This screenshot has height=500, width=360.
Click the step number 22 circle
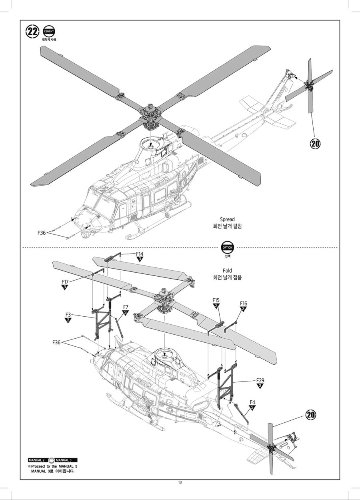[x=32, y=31]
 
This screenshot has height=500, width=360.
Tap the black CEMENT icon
[x=49, y=31]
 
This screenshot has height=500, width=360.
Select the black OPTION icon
[x=227, y=247]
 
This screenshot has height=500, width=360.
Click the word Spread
[x=227, y=219]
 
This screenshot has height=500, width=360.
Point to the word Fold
[x=227, y=271]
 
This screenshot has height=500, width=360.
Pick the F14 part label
[x=140, y=254]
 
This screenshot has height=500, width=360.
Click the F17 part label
[x=65, y=282]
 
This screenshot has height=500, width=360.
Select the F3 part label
[x=68, y=315]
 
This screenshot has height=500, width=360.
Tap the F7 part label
[x=125, y=307]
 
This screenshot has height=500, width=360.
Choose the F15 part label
[x=216, y=300]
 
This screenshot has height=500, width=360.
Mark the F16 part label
[x=243, y=303]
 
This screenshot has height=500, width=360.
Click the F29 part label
[x=260, y=380]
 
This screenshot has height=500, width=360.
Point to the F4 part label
[x=252, y=402]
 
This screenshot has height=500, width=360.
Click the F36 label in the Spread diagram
[x=42, y=233]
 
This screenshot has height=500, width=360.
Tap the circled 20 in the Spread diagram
[x=315, y=144]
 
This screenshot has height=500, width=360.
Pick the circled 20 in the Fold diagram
[x=311, y=415]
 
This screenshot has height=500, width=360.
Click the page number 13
[x=180, y=482]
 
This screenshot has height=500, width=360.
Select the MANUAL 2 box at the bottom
[x=36, y=460]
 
